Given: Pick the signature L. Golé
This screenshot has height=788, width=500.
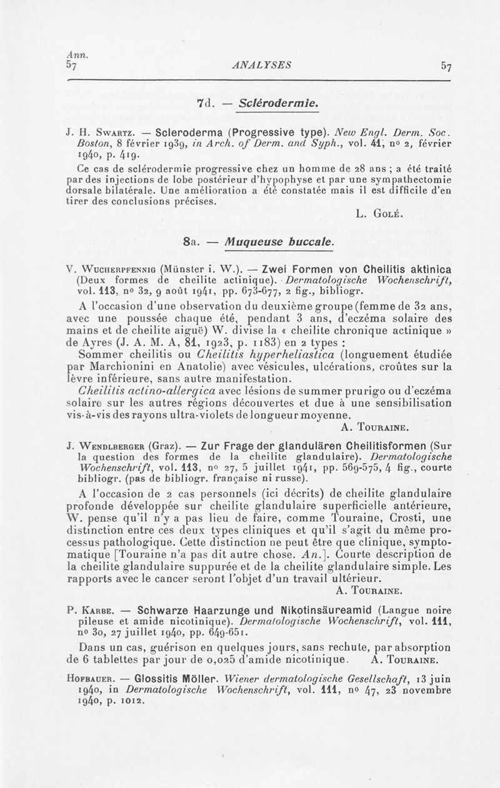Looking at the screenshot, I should (x=381, y=216).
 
